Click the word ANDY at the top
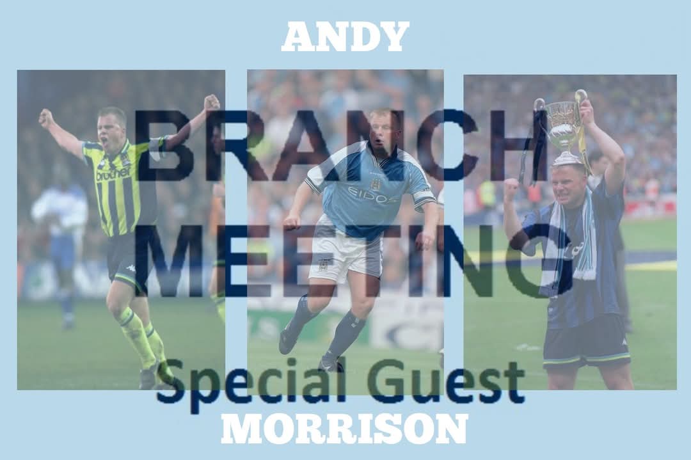(x=345, y=36)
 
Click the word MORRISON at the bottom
(x=344, y=428)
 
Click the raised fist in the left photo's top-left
(x=46, y=118)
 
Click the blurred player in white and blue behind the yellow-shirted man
(x=61, y=224)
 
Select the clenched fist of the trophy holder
(x=511, y=189)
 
